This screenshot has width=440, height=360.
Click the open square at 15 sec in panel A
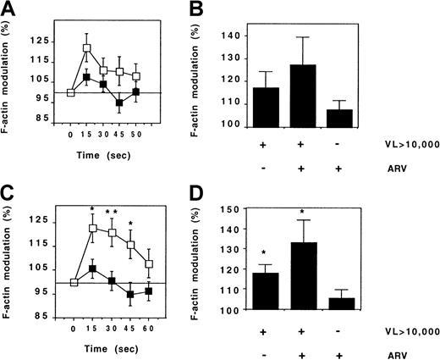click(86, 47)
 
